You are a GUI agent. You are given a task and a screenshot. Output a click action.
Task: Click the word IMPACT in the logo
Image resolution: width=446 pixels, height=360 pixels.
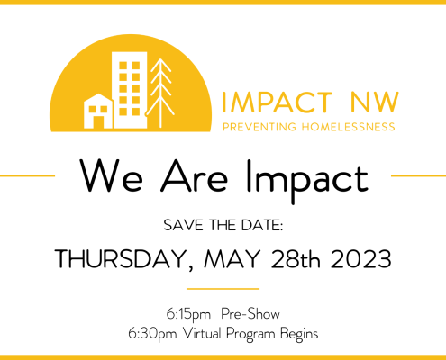click(277, 103)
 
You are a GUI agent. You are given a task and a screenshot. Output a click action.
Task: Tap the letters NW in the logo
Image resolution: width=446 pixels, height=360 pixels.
click(374, 103)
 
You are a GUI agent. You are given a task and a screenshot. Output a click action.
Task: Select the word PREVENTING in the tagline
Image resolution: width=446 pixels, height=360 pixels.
click(259, 127)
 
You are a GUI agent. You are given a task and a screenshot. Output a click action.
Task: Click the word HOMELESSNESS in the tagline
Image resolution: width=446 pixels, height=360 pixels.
click(348, 127)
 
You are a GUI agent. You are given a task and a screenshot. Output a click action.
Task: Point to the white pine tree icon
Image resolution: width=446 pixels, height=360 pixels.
click(160, 93)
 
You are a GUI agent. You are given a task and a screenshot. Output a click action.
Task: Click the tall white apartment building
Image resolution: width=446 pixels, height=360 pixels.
click(130, 90)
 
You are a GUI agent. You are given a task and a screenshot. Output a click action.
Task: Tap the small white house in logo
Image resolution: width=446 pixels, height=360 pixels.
click(98, 111)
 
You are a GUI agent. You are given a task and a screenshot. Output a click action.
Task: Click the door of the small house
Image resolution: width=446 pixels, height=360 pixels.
click(98, 122)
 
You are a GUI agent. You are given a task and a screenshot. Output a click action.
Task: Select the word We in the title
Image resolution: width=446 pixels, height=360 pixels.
click(111, 176)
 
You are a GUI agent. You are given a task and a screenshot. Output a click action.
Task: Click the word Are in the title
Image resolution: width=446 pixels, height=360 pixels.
click(194, 176)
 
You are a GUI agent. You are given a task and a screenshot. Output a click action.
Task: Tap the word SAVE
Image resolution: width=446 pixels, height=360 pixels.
click(183, 225)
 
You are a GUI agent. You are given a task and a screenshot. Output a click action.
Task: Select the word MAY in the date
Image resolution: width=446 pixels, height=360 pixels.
click(232, 258)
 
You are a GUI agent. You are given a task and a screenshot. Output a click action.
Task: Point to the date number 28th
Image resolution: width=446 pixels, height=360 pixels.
click(296, 258)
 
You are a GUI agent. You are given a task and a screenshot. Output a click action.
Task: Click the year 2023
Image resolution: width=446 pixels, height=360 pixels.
click(361, 258)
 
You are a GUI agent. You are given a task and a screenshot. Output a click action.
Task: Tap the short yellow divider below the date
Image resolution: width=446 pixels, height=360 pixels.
click(223, 289)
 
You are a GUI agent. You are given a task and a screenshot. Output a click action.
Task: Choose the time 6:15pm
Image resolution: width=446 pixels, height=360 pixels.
click(188, 314)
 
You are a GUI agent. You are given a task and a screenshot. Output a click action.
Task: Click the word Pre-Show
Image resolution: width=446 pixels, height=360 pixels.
click(250, 314)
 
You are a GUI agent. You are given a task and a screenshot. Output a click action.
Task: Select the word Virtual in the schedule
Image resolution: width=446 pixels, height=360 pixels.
click(202, 333)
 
